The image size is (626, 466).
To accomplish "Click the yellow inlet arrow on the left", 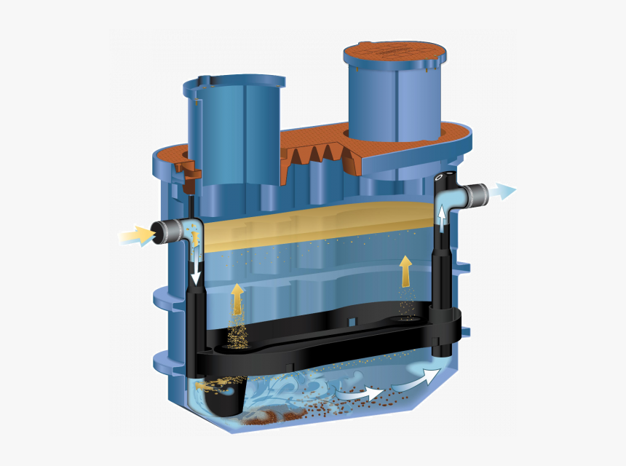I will (135, 235).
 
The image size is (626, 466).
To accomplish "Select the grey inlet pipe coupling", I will (170, 232).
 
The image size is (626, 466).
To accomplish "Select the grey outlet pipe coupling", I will (475, 195).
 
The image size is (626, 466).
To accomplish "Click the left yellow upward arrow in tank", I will (237, 299).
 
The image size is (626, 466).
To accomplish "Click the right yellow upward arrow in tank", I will (405, 269).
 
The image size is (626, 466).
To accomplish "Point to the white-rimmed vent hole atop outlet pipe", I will (440, 177).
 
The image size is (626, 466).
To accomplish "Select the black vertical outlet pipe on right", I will (442, 291).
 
